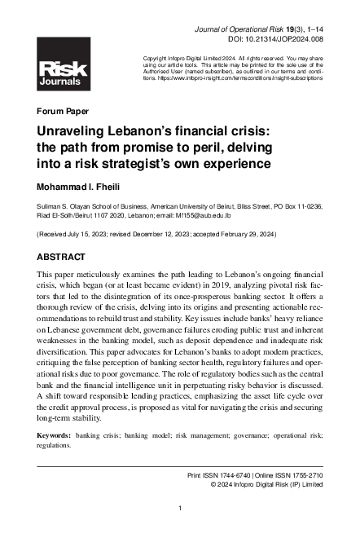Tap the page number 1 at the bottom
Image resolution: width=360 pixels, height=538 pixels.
[179, 508]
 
